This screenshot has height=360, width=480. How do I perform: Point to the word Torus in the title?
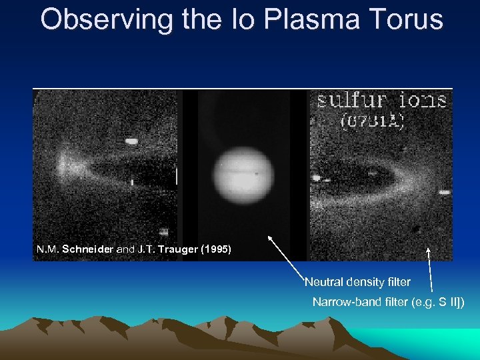407,19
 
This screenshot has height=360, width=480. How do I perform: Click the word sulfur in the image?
352,101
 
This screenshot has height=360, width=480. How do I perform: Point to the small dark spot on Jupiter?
257,175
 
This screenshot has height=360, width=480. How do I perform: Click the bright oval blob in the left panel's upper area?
131,141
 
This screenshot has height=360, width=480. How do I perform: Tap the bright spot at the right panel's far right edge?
444,192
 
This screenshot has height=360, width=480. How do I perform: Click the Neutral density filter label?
357,283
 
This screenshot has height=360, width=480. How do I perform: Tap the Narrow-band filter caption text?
389,303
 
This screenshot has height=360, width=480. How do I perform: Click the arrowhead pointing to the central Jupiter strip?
269,237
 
